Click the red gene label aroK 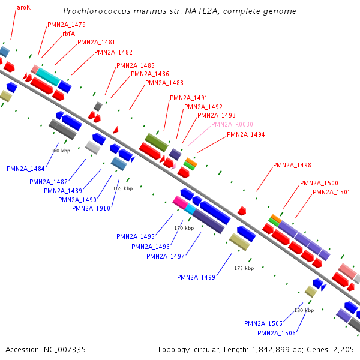click(x=24, y=7)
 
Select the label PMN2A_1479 click(x=66, y=25)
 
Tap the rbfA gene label click(x=69, y=34)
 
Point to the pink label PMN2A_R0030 click(x=232, y=124)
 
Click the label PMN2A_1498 click(x=292, y=165)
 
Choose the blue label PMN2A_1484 click(x=26, y=169)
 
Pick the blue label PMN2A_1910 click(x=91, y=208)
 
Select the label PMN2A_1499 click(x=196, y=277)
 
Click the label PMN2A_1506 click(x=277, y=333)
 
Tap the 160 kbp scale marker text click(x=61, y=151)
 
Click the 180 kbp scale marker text click(x=304, y=310)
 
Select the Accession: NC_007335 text click(x=46, y=349)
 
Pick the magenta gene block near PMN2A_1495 click(x=180, y=202)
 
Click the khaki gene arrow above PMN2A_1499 click(x=239, y=242)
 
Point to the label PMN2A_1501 click(x=331, y=192)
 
